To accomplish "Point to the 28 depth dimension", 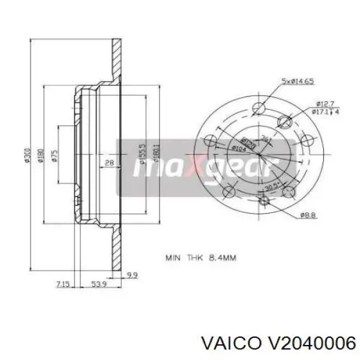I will pos(109,163).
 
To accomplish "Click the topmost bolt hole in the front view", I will pos(259,108).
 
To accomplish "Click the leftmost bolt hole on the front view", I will pos(209,142).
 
